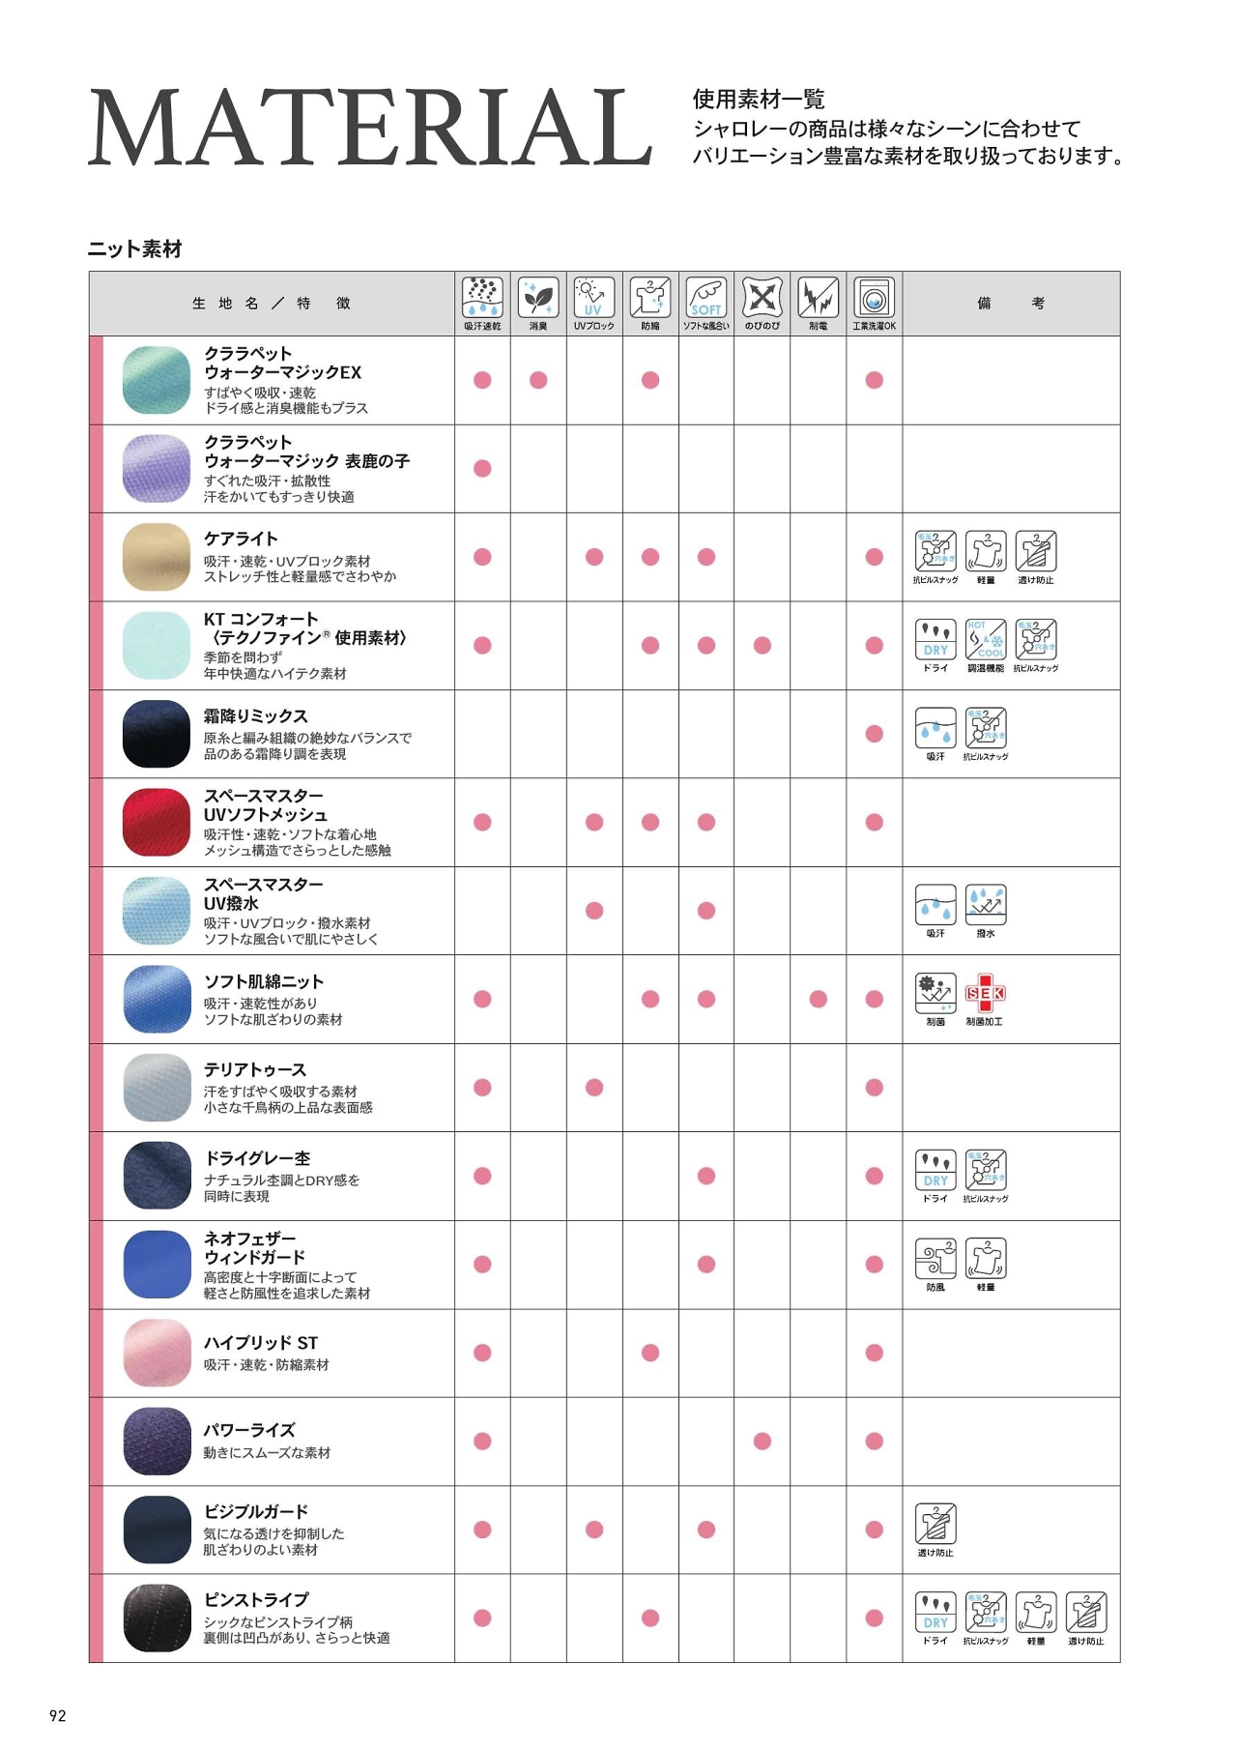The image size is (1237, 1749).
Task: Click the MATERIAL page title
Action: coord(370,128)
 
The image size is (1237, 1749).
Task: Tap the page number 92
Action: coord(58,1715)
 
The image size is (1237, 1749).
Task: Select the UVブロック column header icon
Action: coord(593,297)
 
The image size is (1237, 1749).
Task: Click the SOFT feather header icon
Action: coord(705,297)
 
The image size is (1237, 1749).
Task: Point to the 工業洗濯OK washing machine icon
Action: coord(874,297)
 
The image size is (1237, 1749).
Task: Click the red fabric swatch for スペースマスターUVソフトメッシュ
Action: coord(157,822)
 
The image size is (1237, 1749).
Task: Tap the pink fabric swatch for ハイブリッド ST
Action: coord(157,1353)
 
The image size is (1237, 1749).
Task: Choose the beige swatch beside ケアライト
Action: coord(157,557)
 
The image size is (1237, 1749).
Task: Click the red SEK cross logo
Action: coord(985,993)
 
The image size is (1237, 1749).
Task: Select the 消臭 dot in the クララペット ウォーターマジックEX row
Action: coord(538,380)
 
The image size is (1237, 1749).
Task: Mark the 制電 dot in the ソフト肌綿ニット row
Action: coord(819,999)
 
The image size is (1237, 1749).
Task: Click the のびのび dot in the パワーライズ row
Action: coord(762,1441)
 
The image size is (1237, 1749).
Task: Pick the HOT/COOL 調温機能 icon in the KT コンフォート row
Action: coord(985,639)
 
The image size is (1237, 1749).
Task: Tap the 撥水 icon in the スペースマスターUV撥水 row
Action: coord(985,905)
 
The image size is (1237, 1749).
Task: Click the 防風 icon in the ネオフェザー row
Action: coord(935,1258)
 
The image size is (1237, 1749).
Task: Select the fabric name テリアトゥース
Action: coord(255,1069)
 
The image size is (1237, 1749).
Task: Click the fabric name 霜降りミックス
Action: coord(255,715)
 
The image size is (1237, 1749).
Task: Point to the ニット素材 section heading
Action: coord(135,249)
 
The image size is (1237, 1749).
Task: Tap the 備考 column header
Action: coord(1010,304)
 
